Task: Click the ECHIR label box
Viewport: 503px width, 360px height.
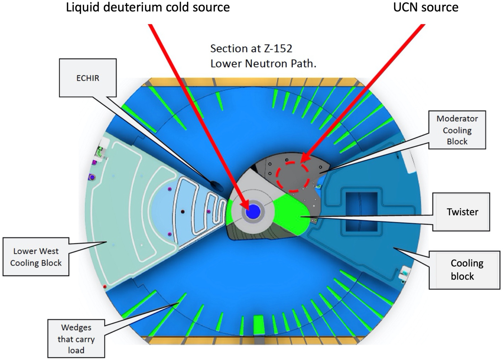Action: coord(88,78)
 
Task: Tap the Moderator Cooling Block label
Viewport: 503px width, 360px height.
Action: coord(457,130)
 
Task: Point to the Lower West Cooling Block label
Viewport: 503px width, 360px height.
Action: coord(36,257)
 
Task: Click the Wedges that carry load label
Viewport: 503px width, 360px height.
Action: coord(76,339)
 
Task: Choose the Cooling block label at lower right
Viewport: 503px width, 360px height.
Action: coord(465,270)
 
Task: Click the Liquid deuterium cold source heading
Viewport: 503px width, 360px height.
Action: coord(148,7)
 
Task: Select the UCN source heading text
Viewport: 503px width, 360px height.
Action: coord(426,7)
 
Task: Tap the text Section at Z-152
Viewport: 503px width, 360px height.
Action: coord(251,48)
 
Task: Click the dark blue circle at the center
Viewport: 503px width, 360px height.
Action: coord(253,212)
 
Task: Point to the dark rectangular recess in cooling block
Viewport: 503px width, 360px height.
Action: coord(361,212)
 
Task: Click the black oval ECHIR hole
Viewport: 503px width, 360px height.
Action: coord(216,186)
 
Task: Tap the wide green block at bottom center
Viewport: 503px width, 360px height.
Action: coord(259,325)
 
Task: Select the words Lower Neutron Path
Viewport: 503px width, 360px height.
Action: coord(263,64)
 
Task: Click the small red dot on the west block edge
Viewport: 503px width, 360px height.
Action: coord(105,287)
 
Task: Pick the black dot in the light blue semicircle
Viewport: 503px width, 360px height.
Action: coord(183,211)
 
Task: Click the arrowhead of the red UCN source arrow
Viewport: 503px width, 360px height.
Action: coord(303,158)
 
